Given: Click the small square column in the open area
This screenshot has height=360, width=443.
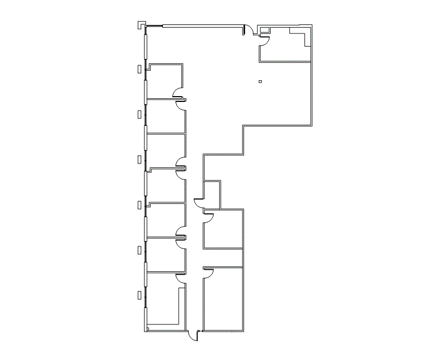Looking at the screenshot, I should pyautogui.click(x=260, y=81).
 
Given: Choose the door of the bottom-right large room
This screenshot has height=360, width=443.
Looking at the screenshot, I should pyautogui.click(x=209, y=272).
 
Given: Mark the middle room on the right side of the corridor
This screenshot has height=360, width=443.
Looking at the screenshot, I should pyautogui.click(x=223, y=228).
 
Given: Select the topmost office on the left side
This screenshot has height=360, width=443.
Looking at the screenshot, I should pyautogui.click(x=164, y=81).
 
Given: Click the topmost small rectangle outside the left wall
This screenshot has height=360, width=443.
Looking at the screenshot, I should pyautogui.click(x=140, y=68).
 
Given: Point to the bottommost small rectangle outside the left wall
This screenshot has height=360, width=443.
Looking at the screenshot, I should pyautogui.click(x=140, y=295).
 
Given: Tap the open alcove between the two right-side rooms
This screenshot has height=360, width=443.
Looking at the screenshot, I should pyautogui.click(x=223, y=258).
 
